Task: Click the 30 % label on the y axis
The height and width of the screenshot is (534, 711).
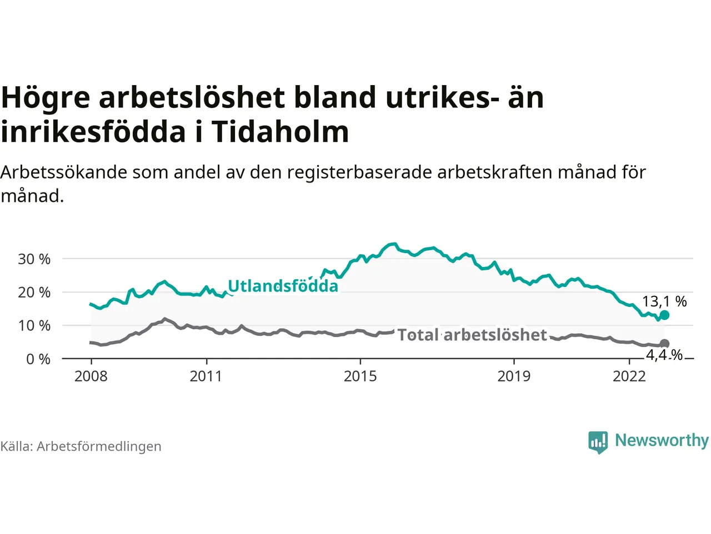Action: [34, 259]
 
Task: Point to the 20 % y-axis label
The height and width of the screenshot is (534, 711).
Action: [34, 293]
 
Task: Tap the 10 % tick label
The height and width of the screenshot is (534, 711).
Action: [34, 326]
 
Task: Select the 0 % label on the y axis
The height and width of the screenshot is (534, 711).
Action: [38, 359]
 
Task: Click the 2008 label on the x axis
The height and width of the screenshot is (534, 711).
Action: [91, 377]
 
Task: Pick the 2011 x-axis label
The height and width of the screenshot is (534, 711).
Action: [206, 377]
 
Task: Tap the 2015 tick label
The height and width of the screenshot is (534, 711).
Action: [360, 377]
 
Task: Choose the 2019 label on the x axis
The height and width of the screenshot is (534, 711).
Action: [514, 377]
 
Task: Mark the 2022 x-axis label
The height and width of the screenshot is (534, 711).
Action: [629, 377]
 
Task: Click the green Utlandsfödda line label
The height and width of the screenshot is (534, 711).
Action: [283, 286]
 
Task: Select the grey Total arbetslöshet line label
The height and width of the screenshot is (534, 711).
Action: [472, 335]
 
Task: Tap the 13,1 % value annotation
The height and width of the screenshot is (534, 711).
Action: [664, 301]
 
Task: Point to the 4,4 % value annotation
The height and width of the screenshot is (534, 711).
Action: [664, 354]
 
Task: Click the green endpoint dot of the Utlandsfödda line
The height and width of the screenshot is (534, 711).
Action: [664, 315]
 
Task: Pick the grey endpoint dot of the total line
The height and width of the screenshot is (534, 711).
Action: [664, 344]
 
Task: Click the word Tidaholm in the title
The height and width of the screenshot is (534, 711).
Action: [280, 132]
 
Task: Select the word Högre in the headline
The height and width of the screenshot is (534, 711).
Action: [46, 98]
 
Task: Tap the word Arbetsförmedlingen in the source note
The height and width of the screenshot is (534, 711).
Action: [99, 447]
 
